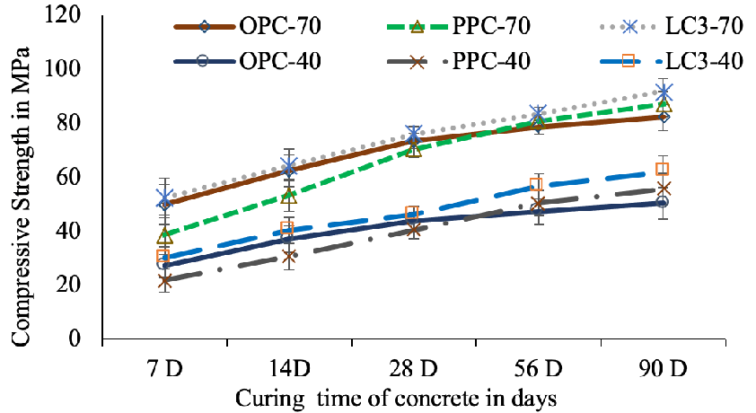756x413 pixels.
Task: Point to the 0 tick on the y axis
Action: coord(86,339)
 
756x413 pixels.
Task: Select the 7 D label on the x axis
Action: coord(165,368)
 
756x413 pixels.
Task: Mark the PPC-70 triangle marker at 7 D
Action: coord(165,236)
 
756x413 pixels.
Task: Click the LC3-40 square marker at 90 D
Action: coord(664,170)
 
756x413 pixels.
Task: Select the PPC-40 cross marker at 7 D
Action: coord(165,281)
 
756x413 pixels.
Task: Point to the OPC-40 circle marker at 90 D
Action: coord(664,203)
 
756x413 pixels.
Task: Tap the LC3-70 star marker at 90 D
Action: coord(664,92)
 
